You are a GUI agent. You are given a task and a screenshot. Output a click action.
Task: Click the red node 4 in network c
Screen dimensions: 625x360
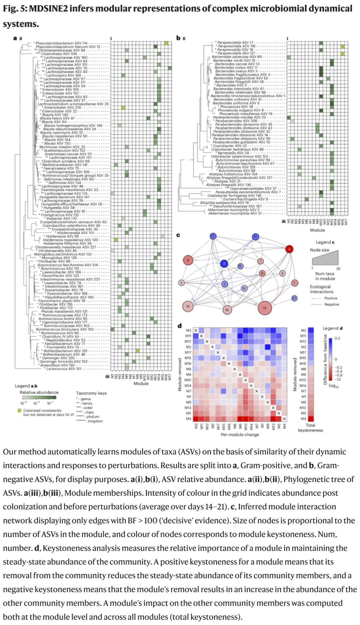point(289,249)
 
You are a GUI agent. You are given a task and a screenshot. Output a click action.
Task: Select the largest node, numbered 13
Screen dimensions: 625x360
point(265,308)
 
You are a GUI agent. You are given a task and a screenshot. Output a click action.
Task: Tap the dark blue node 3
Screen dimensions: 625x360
point(224,264)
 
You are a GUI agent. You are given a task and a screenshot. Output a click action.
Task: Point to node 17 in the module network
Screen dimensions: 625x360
point(294,298)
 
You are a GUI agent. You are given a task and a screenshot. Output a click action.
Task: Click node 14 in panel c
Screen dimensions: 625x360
point(188,306)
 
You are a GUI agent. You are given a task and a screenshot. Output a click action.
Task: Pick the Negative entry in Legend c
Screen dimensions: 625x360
point(331,304)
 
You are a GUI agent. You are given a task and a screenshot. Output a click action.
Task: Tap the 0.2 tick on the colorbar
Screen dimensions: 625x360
point(337,338)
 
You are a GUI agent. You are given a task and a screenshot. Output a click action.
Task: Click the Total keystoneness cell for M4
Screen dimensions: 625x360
point(311,419)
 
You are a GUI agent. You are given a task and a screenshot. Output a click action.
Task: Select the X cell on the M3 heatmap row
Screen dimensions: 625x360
point(196,330)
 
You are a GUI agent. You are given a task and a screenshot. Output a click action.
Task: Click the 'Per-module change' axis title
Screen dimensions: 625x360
point(240,434)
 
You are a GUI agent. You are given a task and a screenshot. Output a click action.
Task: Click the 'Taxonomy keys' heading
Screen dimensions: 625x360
point(91,393)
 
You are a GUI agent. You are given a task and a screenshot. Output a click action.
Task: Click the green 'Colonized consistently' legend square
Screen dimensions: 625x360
point(20,410)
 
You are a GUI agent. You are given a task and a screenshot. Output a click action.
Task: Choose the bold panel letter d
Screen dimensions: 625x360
point(180,325)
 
